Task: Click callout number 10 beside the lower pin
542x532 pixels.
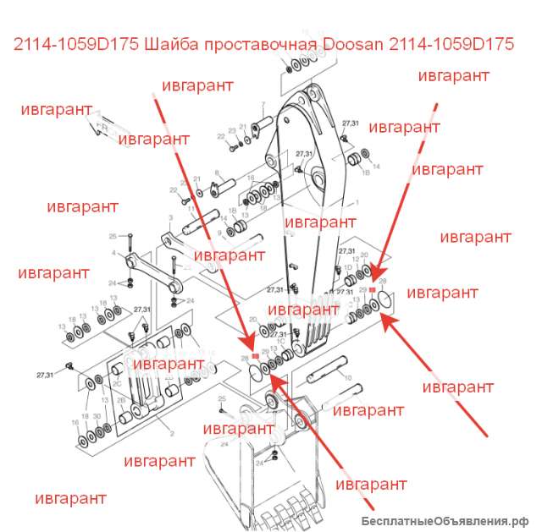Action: [x=345, y=358]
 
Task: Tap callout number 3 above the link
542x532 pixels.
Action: [x=171, y=217]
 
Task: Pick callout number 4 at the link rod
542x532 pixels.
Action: [x=113, y=252]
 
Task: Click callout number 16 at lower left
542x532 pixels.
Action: [x=75, y=421]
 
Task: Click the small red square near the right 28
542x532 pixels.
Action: [x=373, y=290]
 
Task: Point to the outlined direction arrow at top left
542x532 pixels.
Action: [x=100, y=125]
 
